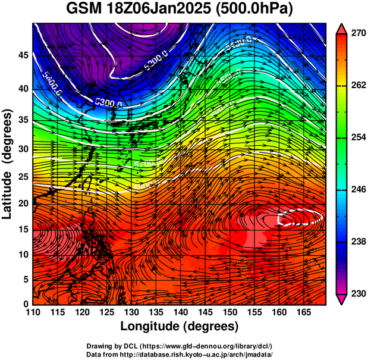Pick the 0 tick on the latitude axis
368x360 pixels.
click(26, 304)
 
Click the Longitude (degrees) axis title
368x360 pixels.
click(180, 327)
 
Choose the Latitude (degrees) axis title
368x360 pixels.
click(8, 164)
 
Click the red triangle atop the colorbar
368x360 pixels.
click(342, 29)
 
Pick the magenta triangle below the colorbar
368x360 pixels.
click(342, 299)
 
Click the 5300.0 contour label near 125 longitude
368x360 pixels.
click(107, 104)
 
